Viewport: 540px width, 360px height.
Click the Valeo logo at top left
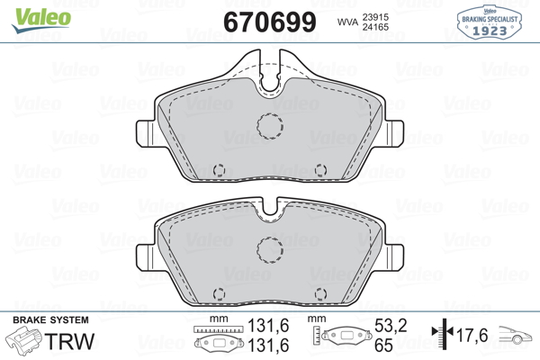(x=41, y=20)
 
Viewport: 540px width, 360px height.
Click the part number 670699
(x=270, y=22)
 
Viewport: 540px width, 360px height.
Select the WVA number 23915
(x=375, y=17)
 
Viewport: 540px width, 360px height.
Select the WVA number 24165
(x=375, y=27)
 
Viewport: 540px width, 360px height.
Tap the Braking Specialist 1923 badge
(x=490, y=22)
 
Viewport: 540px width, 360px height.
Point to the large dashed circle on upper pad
(x=270, y=114)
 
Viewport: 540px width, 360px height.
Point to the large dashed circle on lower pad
(x=270, y=238)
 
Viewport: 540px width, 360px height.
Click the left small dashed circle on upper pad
(x=219, y=164)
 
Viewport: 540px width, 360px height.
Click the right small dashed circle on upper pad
(x=320, y=164)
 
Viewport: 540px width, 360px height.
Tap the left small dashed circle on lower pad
(x=219, y=288)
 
